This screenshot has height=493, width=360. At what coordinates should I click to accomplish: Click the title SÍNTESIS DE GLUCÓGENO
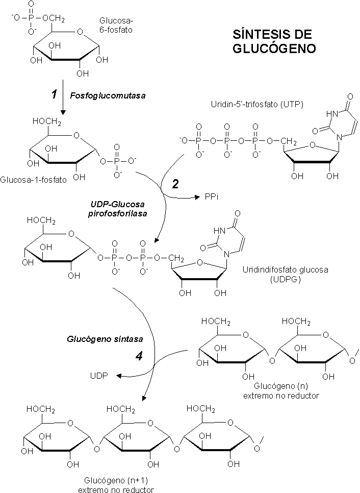[x=274, y=41]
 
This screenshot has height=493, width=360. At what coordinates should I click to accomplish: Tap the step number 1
[x=54, y=94]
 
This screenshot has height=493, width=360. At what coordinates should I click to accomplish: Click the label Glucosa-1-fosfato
[x=34, y=180]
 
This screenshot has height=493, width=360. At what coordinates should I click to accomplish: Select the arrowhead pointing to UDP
[x=118, y=376]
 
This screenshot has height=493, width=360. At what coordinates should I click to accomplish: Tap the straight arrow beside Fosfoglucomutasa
[x=63, y=97]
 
